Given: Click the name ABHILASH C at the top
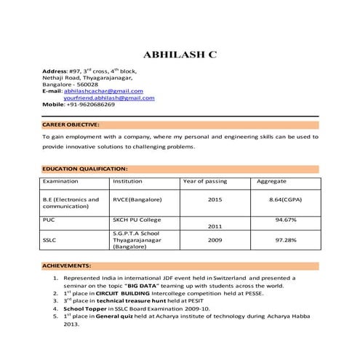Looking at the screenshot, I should (x=180, y=55).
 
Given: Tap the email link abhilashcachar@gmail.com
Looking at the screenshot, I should (x=103, y=91).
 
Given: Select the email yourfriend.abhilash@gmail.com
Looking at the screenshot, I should (x=109, y=97).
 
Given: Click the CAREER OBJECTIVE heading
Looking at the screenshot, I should (x=71, y=124).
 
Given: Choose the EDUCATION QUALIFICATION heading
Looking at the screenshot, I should (x=85, y=168).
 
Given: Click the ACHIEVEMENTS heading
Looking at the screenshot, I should (x=66, y=266).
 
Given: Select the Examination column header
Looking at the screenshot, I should (x=61, y=181).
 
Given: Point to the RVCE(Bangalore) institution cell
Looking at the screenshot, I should (x=137, y=199).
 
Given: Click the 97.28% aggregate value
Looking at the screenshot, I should (x=285, y=239).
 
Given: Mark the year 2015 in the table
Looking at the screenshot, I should (x=215, y=199).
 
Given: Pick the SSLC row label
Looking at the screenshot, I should (x=50, y=239).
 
